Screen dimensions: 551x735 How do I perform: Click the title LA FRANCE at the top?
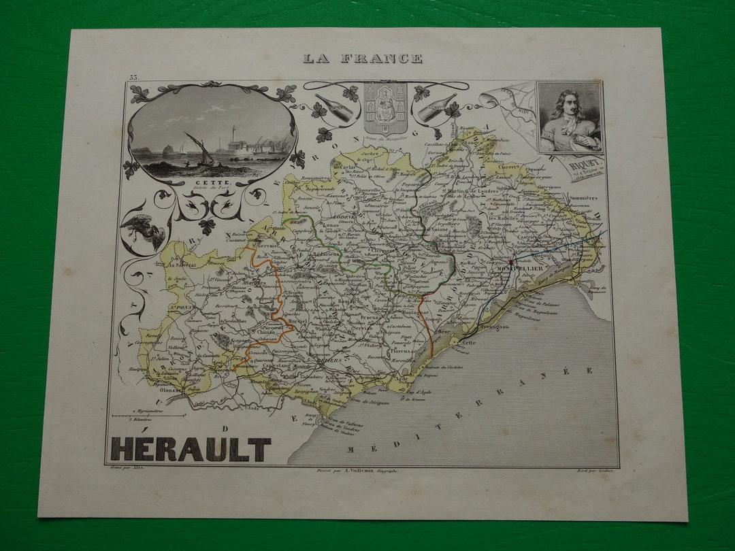point(362,59)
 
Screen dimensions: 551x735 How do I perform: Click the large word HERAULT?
point(191,450)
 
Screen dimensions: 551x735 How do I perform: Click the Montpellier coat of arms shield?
point(385,107)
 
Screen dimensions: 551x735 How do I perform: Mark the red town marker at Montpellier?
point(511,261)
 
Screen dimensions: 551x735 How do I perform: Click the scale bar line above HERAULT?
point(149,415)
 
